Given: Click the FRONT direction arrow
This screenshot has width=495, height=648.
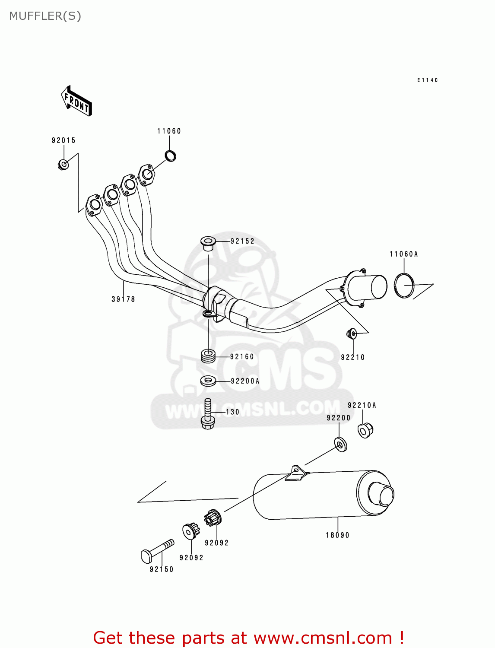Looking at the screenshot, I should click(77, 101).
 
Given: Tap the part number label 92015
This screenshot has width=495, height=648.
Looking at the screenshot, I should click(63, 140).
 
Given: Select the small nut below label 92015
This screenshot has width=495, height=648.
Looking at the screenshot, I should click(63, 165).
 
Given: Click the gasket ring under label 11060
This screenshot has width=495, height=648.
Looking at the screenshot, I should click(171, 156).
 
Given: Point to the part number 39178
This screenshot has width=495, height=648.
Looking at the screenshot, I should click(123, 299).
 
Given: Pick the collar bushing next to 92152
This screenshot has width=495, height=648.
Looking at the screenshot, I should click(208, 243).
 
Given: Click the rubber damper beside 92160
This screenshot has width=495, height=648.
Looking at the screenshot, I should click(208, 356).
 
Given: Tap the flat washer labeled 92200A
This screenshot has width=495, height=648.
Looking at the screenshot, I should click(208, 381).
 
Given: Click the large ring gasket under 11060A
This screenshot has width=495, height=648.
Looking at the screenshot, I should click(404, 285).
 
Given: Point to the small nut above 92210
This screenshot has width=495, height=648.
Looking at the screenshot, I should click(352, 333).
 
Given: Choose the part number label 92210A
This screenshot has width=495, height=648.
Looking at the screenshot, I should click(362, 405).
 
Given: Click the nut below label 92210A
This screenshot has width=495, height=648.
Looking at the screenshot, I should click(365, 430).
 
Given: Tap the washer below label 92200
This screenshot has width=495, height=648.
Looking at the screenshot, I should click(340, 444).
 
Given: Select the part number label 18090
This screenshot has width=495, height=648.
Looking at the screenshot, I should click(337, 535).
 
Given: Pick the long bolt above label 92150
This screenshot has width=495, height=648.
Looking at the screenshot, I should click(158, 550).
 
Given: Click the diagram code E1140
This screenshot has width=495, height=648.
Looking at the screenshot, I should click(427, 80).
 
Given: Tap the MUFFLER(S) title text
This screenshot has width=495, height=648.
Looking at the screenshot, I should click(45, 16).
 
